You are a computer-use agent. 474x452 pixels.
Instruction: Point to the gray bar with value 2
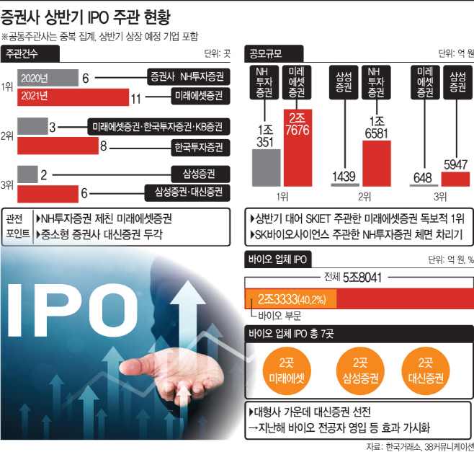(27, 174)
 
